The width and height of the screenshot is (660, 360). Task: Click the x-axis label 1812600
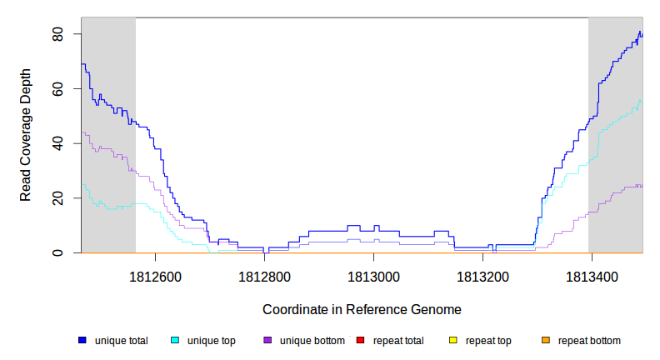[156, 276]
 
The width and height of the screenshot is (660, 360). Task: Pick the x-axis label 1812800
[265, 276]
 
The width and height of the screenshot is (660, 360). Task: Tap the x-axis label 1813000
[374, 276]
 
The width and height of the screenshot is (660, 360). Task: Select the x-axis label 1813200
[483, 276]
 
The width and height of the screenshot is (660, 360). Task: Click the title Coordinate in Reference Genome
[362, 309]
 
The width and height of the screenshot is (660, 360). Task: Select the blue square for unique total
[82, 341]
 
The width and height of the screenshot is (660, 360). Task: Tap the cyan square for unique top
[175, 341]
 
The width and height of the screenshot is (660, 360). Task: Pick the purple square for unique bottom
[267, 341]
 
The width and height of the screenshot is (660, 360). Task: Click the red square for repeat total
[361, 341]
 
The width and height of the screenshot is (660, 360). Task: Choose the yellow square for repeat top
[453, 341]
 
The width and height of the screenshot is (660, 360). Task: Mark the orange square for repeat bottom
[546, 341]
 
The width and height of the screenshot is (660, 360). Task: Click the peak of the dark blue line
[639, 32]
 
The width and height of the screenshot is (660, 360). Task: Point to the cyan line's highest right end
[641, 100]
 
